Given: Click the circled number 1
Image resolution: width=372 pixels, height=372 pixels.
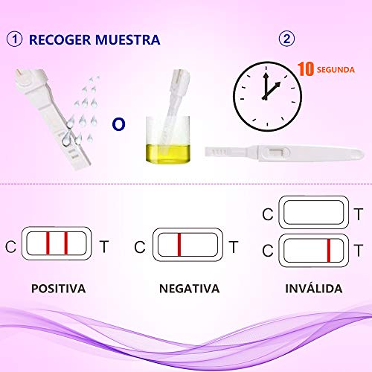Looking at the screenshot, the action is click(x=14, y=39).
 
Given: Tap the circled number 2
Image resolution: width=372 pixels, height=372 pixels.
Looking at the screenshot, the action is click(x=286, y=39).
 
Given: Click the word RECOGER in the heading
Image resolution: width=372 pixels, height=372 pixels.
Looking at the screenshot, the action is click(x=60, y=40).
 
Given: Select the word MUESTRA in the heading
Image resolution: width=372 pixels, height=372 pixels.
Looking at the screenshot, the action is click(x=128, y=40).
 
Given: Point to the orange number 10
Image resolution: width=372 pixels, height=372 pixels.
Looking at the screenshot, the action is click(x=305, y=69).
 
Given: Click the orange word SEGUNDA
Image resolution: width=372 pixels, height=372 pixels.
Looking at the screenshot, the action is click(x=336, y=70).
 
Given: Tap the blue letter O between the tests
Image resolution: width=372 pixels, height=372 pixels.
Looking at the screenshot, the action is click(x=118, y=124).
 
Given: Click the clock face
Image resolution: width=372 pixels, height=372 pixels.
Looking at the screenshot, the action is click(x=267, y=96).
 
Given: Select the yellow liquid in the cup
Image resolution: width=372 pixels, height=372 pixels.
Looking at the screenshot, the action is click(x=168, y=154).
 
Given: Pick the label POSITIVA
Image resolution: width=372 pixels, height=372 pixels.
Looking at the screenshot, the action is click(x=59, y=289).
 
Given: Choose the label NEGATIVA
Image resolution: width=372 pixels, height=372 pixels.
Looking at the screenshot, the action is click(x=189, y=289).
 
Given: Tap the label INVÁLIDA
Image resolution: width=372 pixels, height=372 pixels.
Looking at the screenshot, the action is click(x=314, y=288).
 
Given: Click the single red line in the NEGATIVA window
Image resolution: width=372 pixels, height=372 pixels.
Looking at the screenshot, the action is click(x=179, y=245).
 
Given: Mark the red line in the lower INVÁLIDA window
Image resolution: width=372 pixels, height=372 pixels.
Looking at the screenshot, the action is click(x=329, y=251).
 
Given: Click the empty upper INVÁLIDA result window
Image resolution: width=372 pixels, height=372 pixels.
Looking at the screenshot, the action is click(x=314, y=212).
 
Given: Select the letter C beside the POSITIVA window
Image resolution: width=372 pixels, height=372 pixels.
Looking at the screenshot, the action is click(x=10, y=246).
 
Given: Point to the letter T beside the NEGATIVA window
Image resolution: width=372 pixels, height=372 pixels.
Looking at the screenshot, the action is click(x=234, y=247).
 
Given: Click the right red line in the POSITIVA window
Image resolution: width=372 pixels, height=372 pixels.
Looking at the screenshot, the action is click(x=66, y=243).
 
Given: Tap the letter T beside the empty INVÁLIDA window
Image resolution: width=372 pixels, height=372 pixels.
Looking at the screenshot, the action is click(x=359, y=214).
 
